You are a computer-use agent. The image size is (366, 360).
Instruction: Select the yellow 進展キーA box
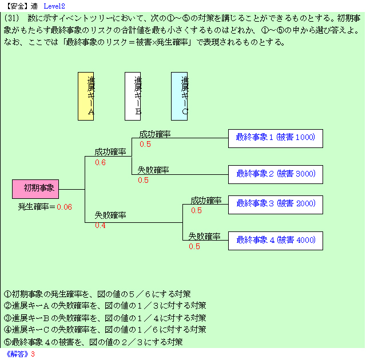(x=86, y=96)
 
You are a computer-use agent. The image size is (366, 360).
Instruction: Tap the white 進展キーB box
(x=133, y=96)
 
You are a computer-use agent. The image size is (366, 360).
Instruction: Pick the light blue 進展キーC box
(x=179, y=96)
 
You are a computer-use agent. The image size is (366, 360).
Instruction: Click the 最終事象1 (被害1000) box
(x=275, y=138)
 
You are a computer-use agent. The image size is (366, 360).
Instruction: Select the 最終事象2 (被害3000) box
(x=275, y=174)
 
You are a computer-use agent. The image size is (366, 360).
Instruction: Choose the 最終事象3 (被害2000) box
(x=275, y=203)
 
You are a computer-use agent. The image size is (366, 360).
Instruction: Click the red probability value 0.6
(x=100, y=162)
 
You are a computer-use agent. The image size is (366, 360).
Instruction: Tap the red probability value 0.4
(x=100, y=225)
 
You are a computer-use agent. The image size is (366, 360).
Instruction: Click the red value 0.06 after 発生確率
(x=64, y=207)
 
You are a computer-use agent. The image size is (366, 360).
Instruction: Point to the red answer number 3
(x=33, y=354)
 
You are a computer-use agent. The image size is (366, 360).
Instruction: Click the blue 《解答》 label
(x=15, y=354)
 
